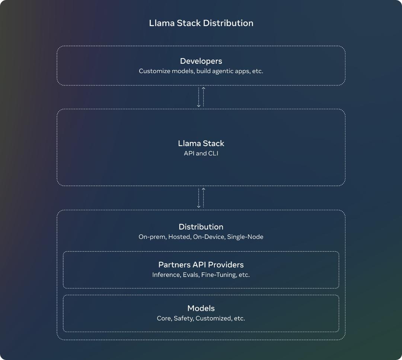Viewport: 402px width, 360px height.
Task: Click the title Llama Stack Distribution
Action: (201, 23)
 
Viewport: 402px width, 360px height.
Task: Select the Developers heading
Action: (201, 61)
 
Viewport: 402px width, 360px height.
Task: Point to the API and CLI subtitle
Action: (201, 153)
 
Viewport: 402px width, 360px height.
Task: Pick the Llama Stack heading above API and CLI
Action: (201, 143)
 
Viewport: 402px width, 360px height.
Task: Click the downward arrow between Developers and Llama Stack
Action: (199, 97)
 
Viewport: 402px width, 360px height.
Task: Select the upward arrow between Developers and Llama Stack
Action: (204, 97)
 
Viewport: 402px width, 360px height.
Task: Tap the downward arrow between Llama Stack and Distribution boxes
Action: (199, 198)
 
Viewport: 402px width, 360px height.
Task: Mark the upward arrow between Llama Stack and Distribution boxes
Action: (204, 198)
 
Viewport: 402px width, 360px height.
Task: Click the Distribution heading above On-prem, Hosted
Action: (201, 227)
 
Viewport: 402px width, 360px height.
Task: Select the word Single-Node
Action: (245, 237)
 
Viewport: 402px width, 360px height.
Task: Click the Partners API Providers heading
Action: (201, 265)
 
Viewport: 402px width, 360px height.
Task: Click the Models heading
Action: (201, 308)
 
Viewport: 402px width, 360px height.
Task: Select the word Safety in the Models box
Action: (184, 318)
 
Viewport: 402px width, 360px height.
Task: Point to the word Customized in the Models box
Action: (214, 318)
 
